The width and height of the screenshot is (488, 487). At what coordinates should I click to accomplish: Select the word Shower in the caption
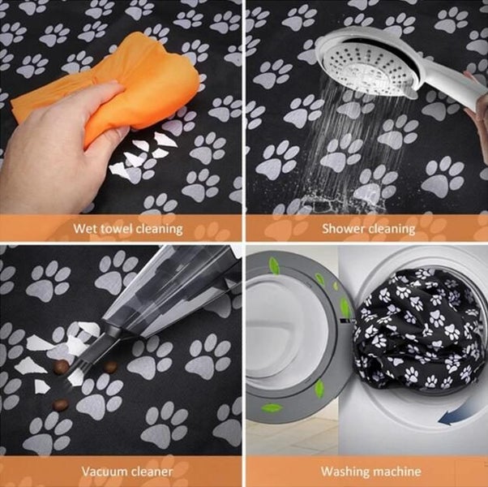[345, 228]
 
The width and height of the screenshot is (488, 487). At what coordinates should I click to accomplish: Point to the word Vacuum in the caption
[103, 471]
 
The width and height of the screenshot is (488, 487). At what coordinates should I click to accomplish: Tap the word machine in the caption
[395, 471]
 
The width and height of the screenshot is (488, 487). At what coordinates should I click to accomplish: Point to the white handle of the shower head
[442, 77]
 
